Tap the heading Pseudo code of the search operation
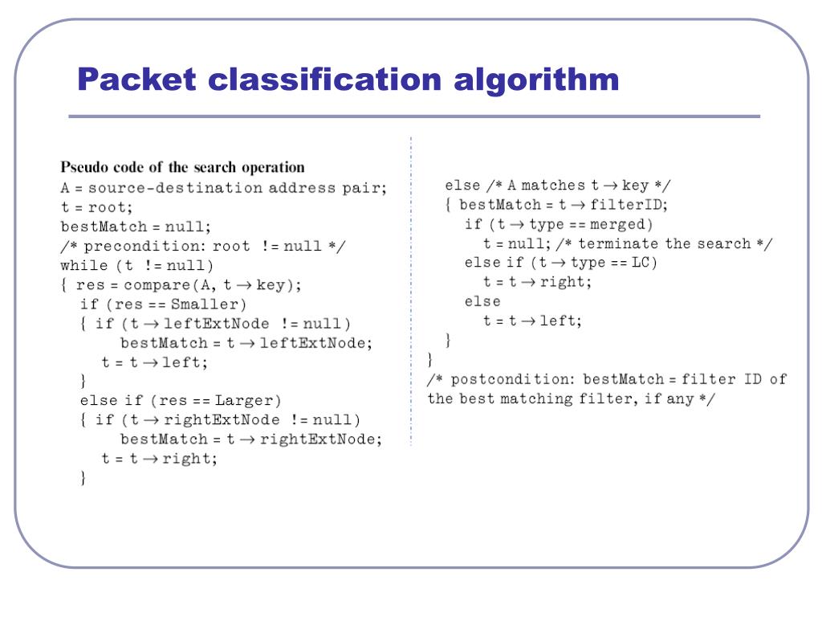tap(182, 168)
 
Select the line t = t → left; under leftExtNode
tap(154, 362)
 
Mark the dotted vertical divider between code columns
tap(410, 289)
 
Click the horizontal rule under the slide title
tap(413, 117)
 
